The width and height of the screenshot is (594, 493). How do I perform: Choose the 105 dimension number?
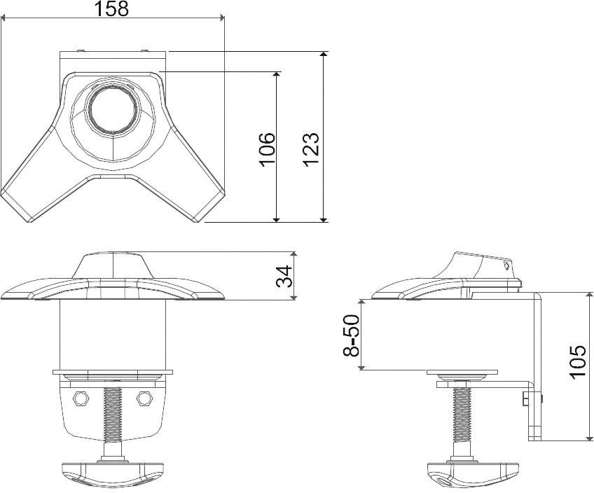577,361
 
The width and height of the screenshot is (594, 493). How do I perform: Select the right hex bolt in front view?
145,398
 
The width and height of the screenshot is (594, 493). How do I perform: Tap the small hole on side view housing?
507,265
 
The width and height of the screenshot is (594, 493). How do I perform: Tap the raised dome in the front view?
113,266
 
